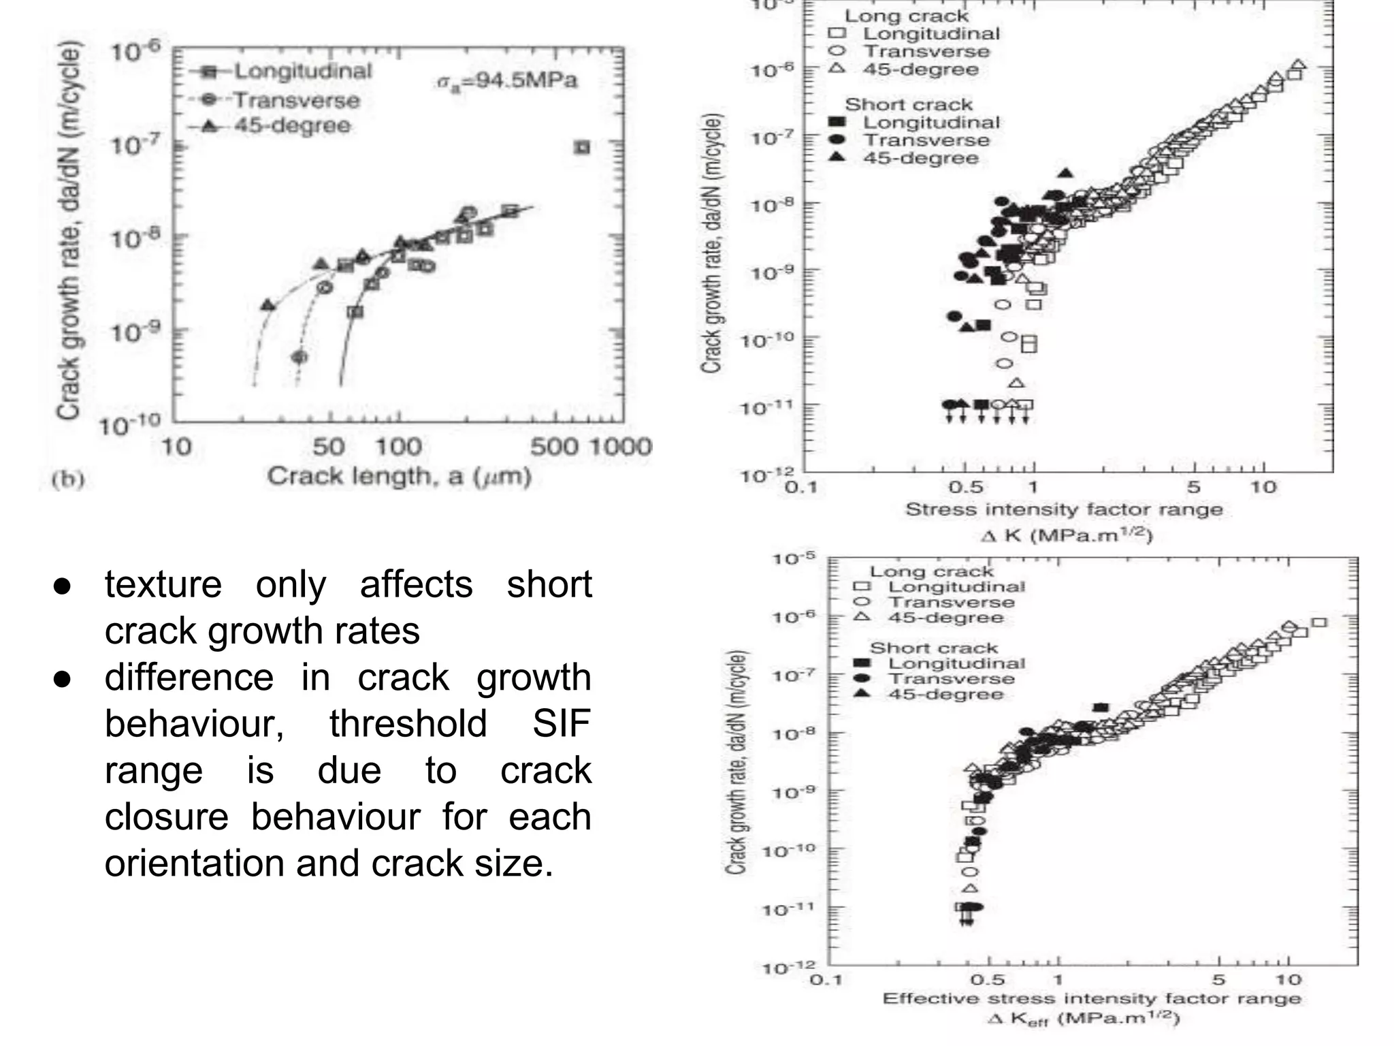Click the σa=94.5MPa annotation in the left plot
(506, 81)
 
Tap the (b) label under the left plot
(68, 479)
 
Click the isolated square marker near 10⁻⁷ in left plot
(582, 147)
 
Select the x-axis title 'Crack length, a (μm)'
(398, 476)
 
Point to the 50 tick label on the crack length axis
(328, 447)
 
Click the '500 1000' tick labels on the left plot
(591, 447)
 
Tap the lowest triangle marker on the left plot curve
(268, 305)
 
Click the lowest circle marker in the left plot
(299, 357)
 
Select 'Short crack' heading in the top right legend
(909, 105)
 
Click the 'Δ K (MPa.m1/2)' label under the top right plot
(1065, 536)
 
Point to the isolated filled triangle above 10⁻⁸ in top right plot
(1066, 174)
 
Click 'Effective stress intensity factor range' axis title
(1091, 999)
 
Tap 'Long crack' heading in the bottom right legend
(931, 571)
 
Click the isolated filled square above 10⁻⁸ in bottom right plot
(1101, 708)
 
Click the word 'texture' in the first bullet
(163, 584)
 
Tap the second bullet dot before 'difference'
(62, 679)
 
